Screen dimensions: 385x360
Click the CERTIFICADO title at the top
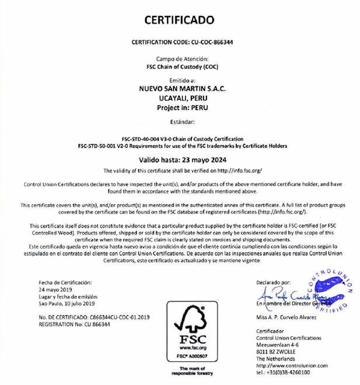point(180,20)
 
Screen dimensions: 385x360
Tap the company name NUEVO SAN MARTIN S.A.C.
point(180,89)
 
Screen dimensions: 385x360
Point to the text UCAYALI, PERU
point(180,99)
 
